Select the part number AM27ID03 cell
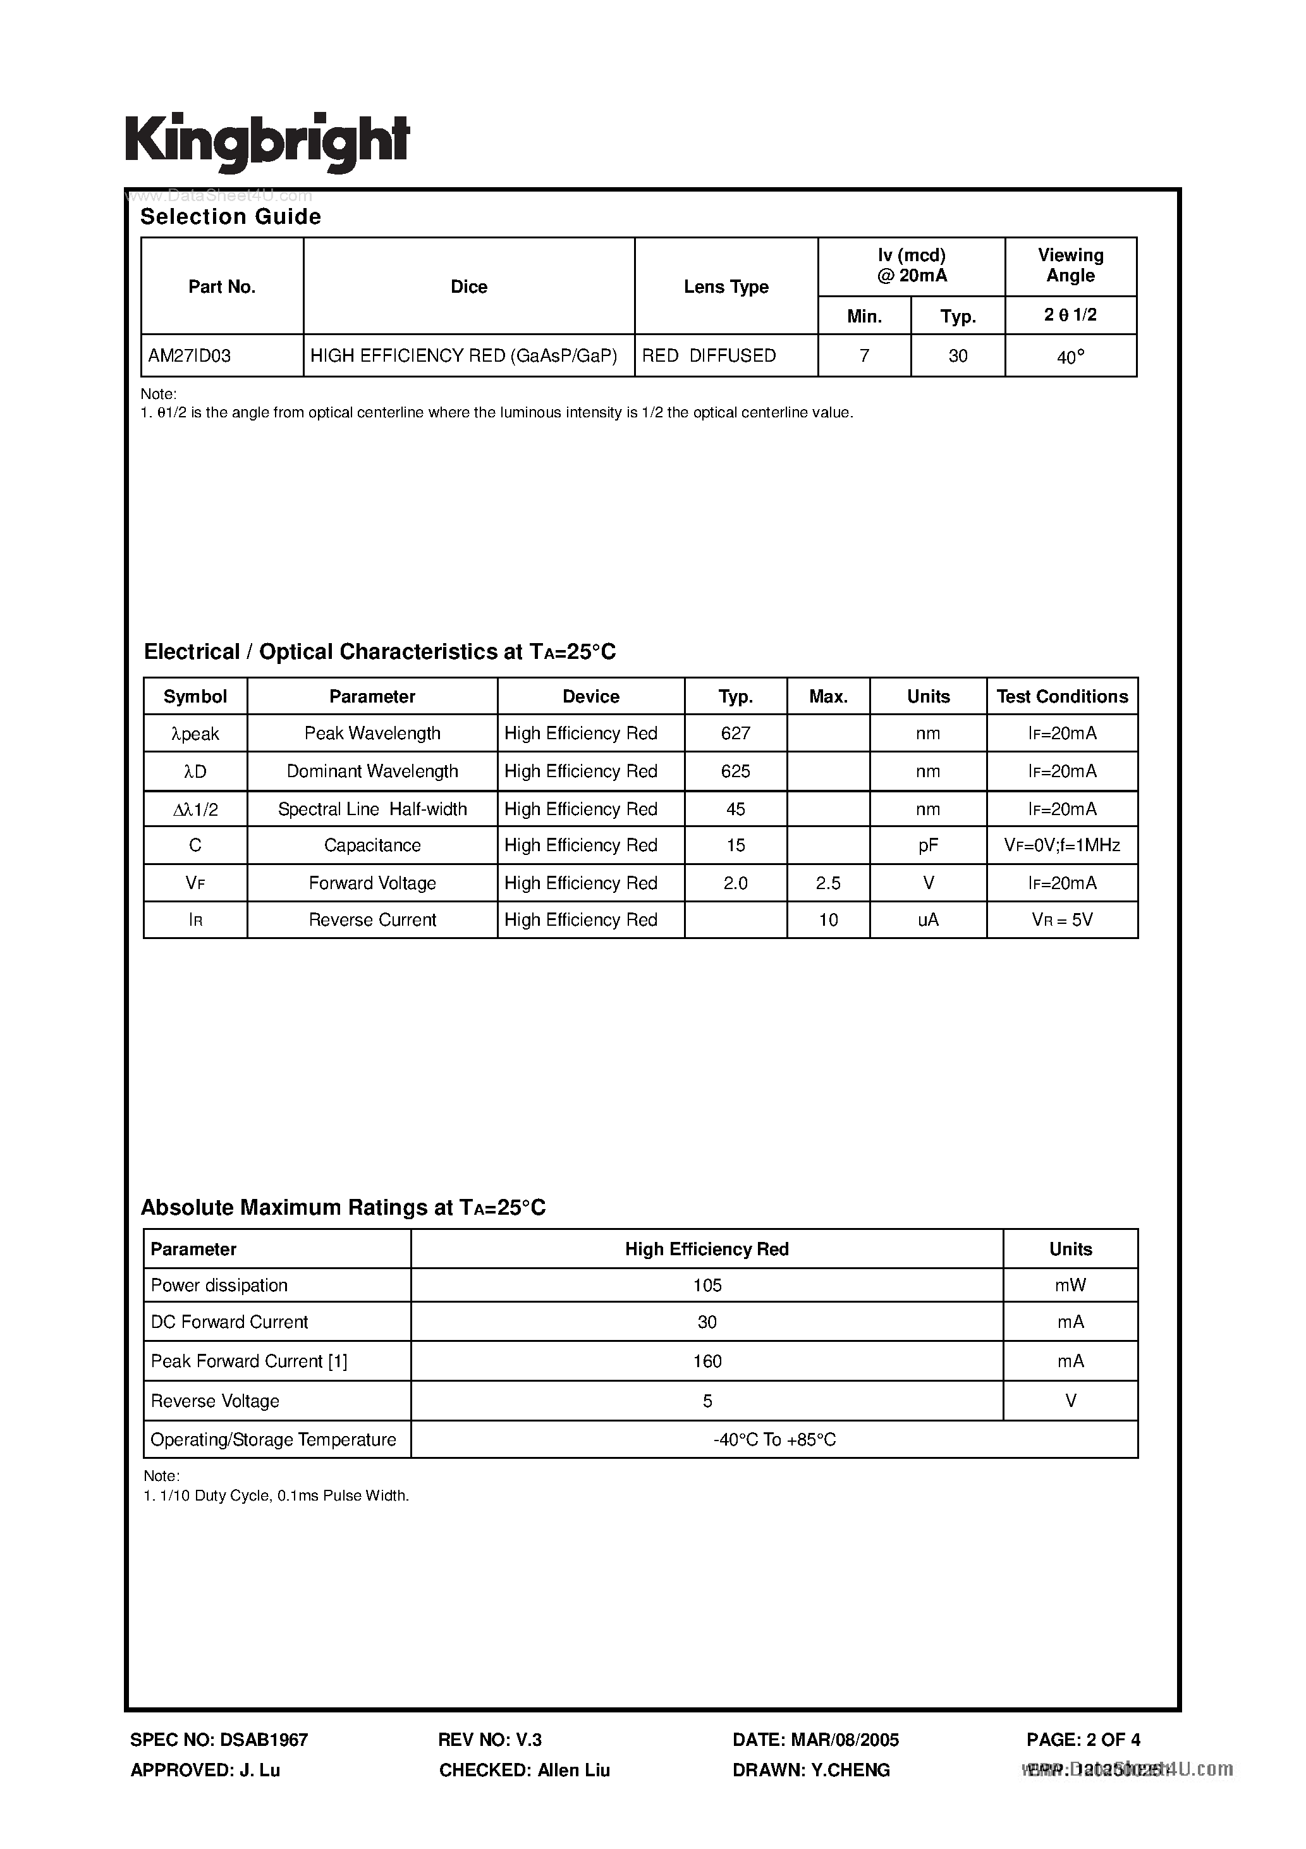[x=190, y=355]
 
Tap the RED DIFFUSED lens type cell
[x=709, y=355]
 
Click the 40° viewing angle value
[x=1070, y=357]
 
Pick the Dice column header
[x=468, y=286]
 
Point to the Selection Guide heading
[x=230, y=217]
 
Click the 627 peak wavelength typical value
[x=735, y=733]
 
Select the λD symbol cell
[x=195, y=771]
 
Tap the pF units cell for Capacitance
[x=927, y=845]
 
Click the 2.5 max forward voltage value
[x=827, y=883]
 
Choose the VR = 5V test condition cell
[x=1062, y=919]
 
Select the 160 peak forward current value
[x=707, y=1361]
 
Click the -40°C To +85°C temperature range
[x=774, y=1439]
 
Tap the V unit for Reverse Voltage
[x=1070, y=1401]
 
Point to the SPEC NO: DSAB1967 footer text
[x=219, y=1740]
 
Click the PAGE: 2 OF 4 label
[x=1083, y=1740]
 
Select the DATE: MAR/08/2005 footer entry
[x=815, y=1740]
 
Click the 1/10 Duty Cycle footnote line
[x=276, y=1496]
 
